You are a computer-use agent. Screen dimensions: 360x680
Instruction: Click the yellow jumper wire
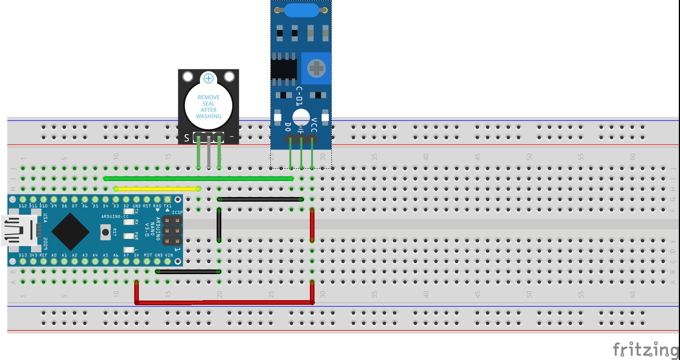(x=157, y=189)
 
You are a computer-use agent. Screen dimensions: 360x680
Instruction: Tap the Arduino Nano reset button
(x=105, y=232)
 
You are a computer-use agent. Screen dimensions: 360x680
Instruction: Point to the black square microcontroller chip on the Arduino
(x=70, y=231)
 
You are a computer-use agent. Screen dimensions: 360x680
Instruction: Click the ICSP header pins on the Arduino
(x=172, y=230)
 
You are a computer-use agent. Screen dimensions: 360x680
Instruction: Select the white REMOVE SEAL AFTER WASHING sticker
(x=208, y=107)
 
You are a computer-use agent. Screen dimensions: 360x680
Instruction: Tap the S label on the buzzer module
(x=186, y=138)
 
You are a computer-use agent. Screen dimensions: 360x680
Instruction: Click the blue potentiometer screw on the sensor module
(x=316, y=68)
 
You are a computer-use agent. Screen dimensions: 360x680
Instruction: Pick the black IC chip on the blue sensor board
(x=284, y=69)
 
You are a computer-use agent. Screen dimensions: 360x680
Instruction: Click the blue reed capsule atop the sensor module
(x=301, y=10)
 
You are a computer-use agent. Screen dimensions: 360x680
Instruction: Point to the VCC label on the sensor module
(x=314, y=125)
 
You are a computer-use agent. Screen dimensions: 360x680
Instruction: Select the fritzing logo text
(x=645, y=349)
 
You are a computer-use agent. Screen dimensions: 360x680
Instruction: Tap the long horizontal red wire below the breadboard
(x=224, y=302)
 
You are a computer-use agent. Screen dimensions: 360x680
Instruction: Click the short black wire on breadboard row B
(x=188, y=271)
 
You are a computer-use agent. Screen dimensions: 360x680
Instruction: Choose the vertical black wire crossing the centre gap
(x=219, y=225)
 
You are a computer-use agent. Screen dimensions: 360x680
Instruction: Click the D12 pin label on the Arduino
(x=23, y=206)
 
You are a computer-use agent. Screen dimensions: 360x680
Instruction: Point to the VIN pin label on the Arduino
(x=169, y=255)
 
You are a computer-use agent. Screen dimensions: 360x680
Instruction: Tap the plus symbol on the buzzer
(x=208, y=78)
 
